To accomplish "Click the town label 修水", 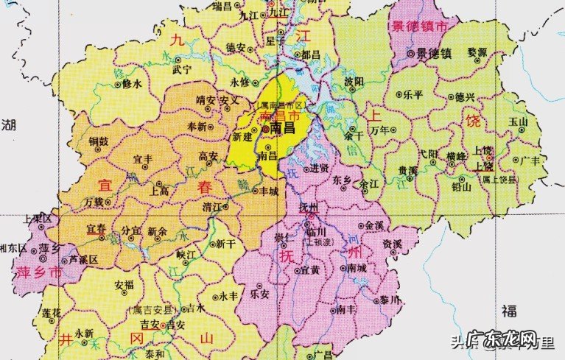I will (x=130, y=84).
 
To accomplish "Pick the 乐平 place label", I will (x=413, y=96).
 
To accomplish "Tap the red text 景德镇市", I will (x=421, y=27).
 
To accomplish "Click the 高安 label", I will (x=208, y=156).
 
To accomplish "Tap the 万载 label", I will (x=94, y=201).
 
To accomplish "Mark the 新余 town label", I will (x=157, y=231).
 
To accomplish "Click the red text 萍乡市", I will (x=36, y=272).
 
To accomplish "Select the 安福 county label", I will (x=124, y=283).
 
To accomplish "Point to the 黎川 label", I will (x=390, y=300).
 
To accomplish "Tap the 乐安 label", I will (x=260, y=293).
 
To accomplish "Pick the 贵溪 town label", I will (x=408, y=169).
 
